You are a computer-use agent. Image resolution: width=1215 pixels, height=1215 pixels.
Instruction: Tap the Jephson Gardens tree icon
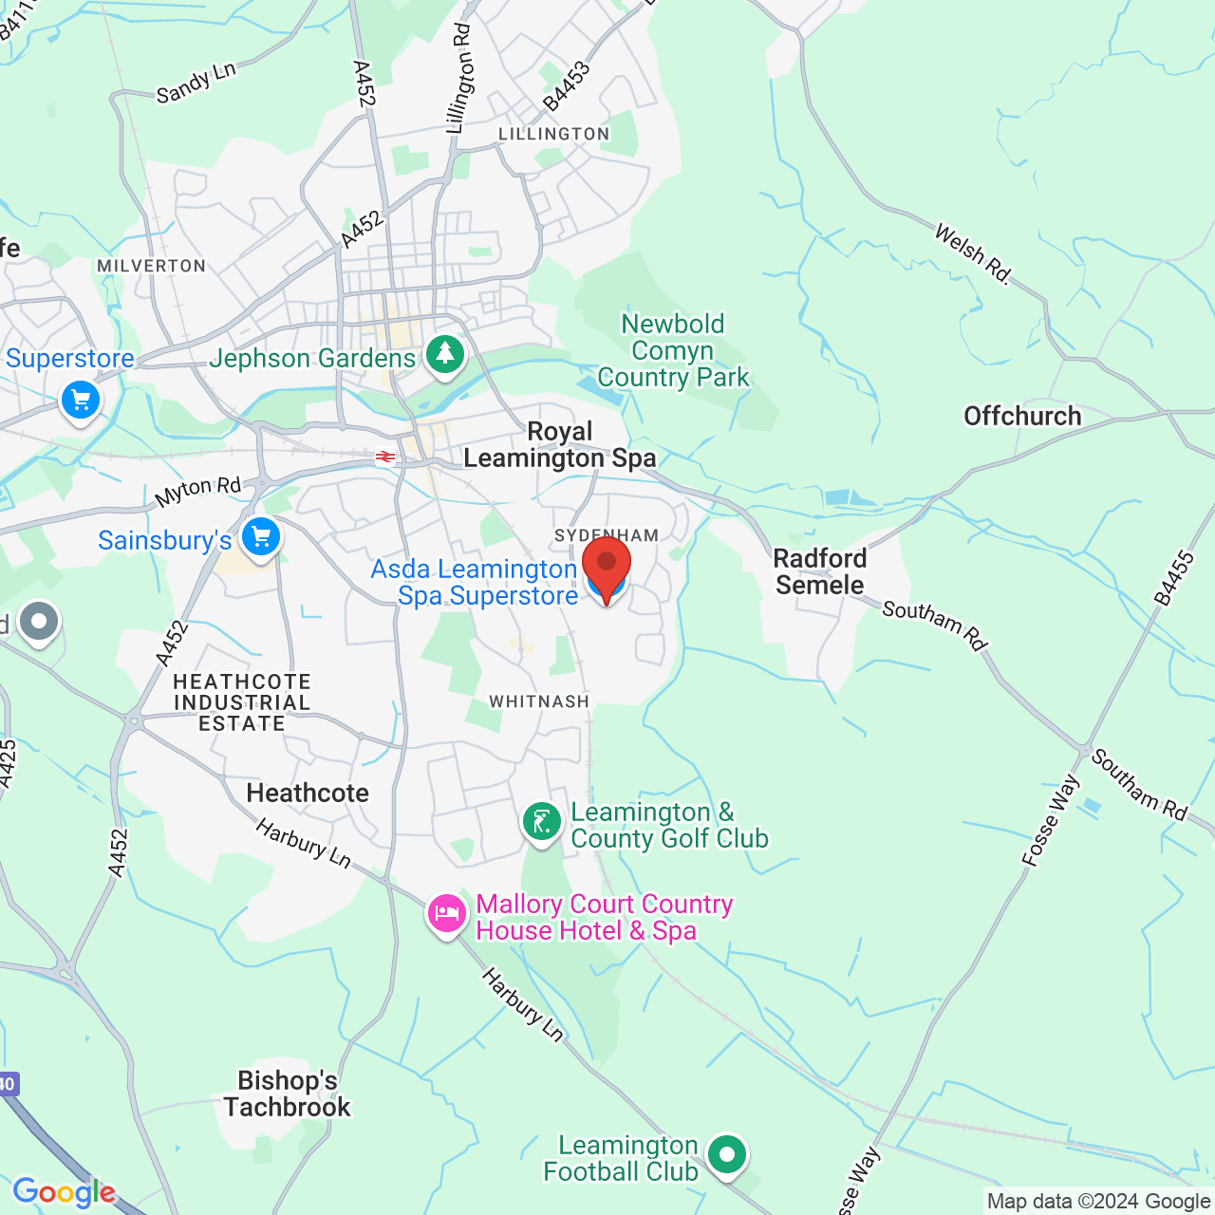[x=444, y=355]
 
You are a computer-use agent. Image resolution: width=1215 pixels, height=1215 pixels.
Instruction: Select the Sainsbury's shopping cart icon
[x=260, y=537]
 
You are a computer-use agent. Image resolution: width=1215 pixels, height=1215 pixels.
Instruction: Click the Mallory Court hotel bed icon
[x=446, y=914]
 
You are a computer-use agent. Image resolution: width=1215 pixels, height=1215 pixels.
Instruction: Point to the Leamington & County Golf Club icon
[x=542, y=822]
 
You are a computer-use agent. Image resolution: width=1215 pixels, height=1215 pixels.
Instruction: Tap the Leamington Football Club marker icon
[x=727, y=1155]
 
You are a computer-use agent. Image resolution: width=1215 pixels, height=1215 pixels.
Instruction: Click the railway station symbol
[x=385, y=458]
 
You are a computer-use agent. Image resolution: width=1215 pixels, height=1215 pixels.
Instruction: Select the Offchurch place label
[x=1022, y=416]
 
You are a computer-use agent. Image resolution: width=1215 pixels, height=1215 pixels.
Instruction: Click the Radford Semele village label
[x=820, y=571]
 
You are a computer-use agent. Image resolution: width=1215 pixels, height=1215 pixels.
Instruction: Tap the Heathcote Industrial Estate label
[x=242, y=702]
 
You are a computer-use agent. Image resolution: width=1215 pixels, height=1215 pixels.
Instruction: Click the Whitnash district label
[x=539, y=701]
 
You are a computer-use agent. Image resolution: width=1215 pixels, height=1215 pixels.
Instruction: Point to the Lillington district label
[x=554, y=134]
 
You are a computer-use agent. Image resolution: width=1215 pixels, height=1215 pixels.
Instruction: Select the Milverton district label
[x=152, y=266]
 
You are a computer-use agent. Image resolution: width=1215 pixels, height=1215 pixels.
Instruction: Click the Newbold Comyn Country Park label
[x=674, y=350]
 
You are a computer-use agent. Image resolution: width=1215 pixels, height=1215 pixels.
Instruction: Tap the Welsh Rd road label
[x=973, y=253]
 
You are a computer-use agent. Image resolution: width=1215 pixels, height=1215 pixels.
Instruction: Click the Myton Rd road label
[x=198, y=491]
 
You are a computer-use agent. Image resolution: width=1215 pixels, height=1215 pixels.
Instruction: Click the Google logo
[x=64, y=1192]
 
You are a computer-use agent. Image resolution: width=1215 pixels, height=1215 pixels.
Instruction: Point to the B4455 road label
[x=1174, y=577]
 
